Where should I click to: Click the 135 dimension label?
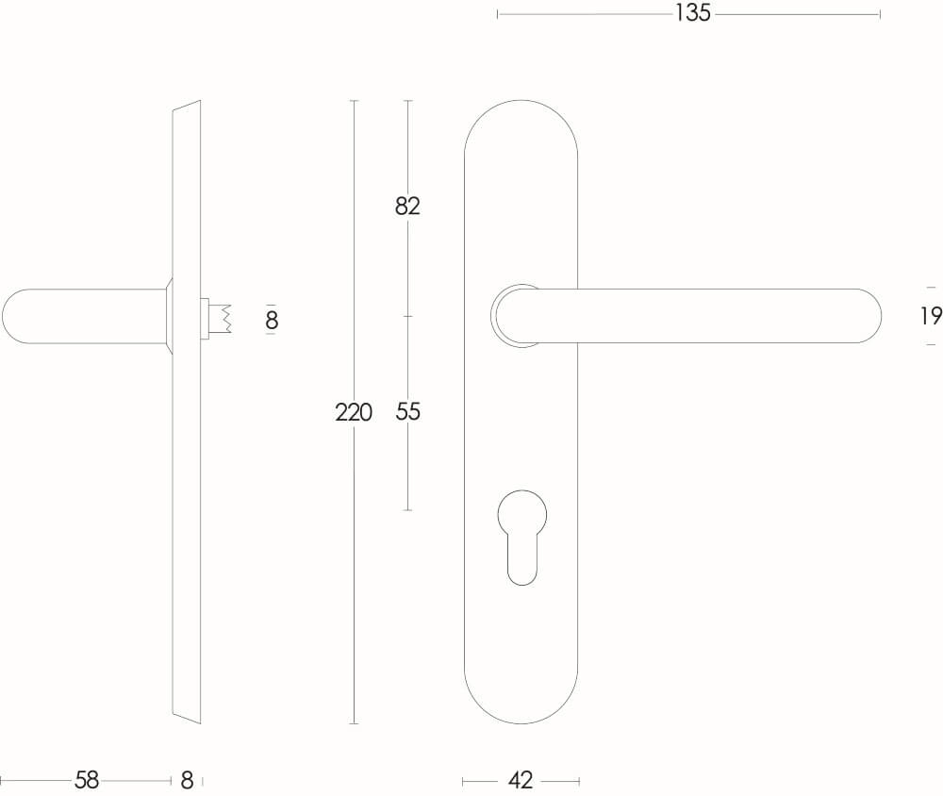click(x=692, y=14)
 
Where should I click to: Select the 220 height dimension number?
click(x=354, y=412)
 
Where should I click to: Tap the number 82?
click(x=407, y=206)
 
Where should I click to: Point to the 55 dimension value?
click(x=407, y=412)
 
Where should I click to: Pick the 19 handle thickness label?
click(x=930, y=316)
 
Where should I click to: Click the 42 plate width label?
click(x=521, y=781)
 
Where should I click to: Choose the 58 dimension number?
click(x=87, y=781)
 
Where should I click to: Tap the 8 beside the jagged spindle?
click(x=272, y=321)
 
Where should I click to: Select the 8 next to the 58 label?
click(x=187, y=781)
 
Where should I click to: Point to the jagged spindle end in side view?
click(x=223, y=318)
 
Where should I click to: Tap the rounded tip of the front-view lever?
click(x=868, y=316)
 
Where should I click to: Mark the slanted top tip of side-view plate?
click(x=192, y=105)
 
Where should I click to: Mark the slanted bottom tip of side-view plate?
click(x=192, y=718)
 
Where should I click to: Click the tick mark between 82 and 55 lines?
click(x=407, y=316)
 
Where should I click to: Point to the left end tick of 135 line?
click(x=498, y=14)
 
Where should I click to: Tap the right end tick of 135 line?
click(x=880, y=14)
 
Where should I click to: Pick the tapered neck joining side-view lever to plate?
click(x=168, y=316)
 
